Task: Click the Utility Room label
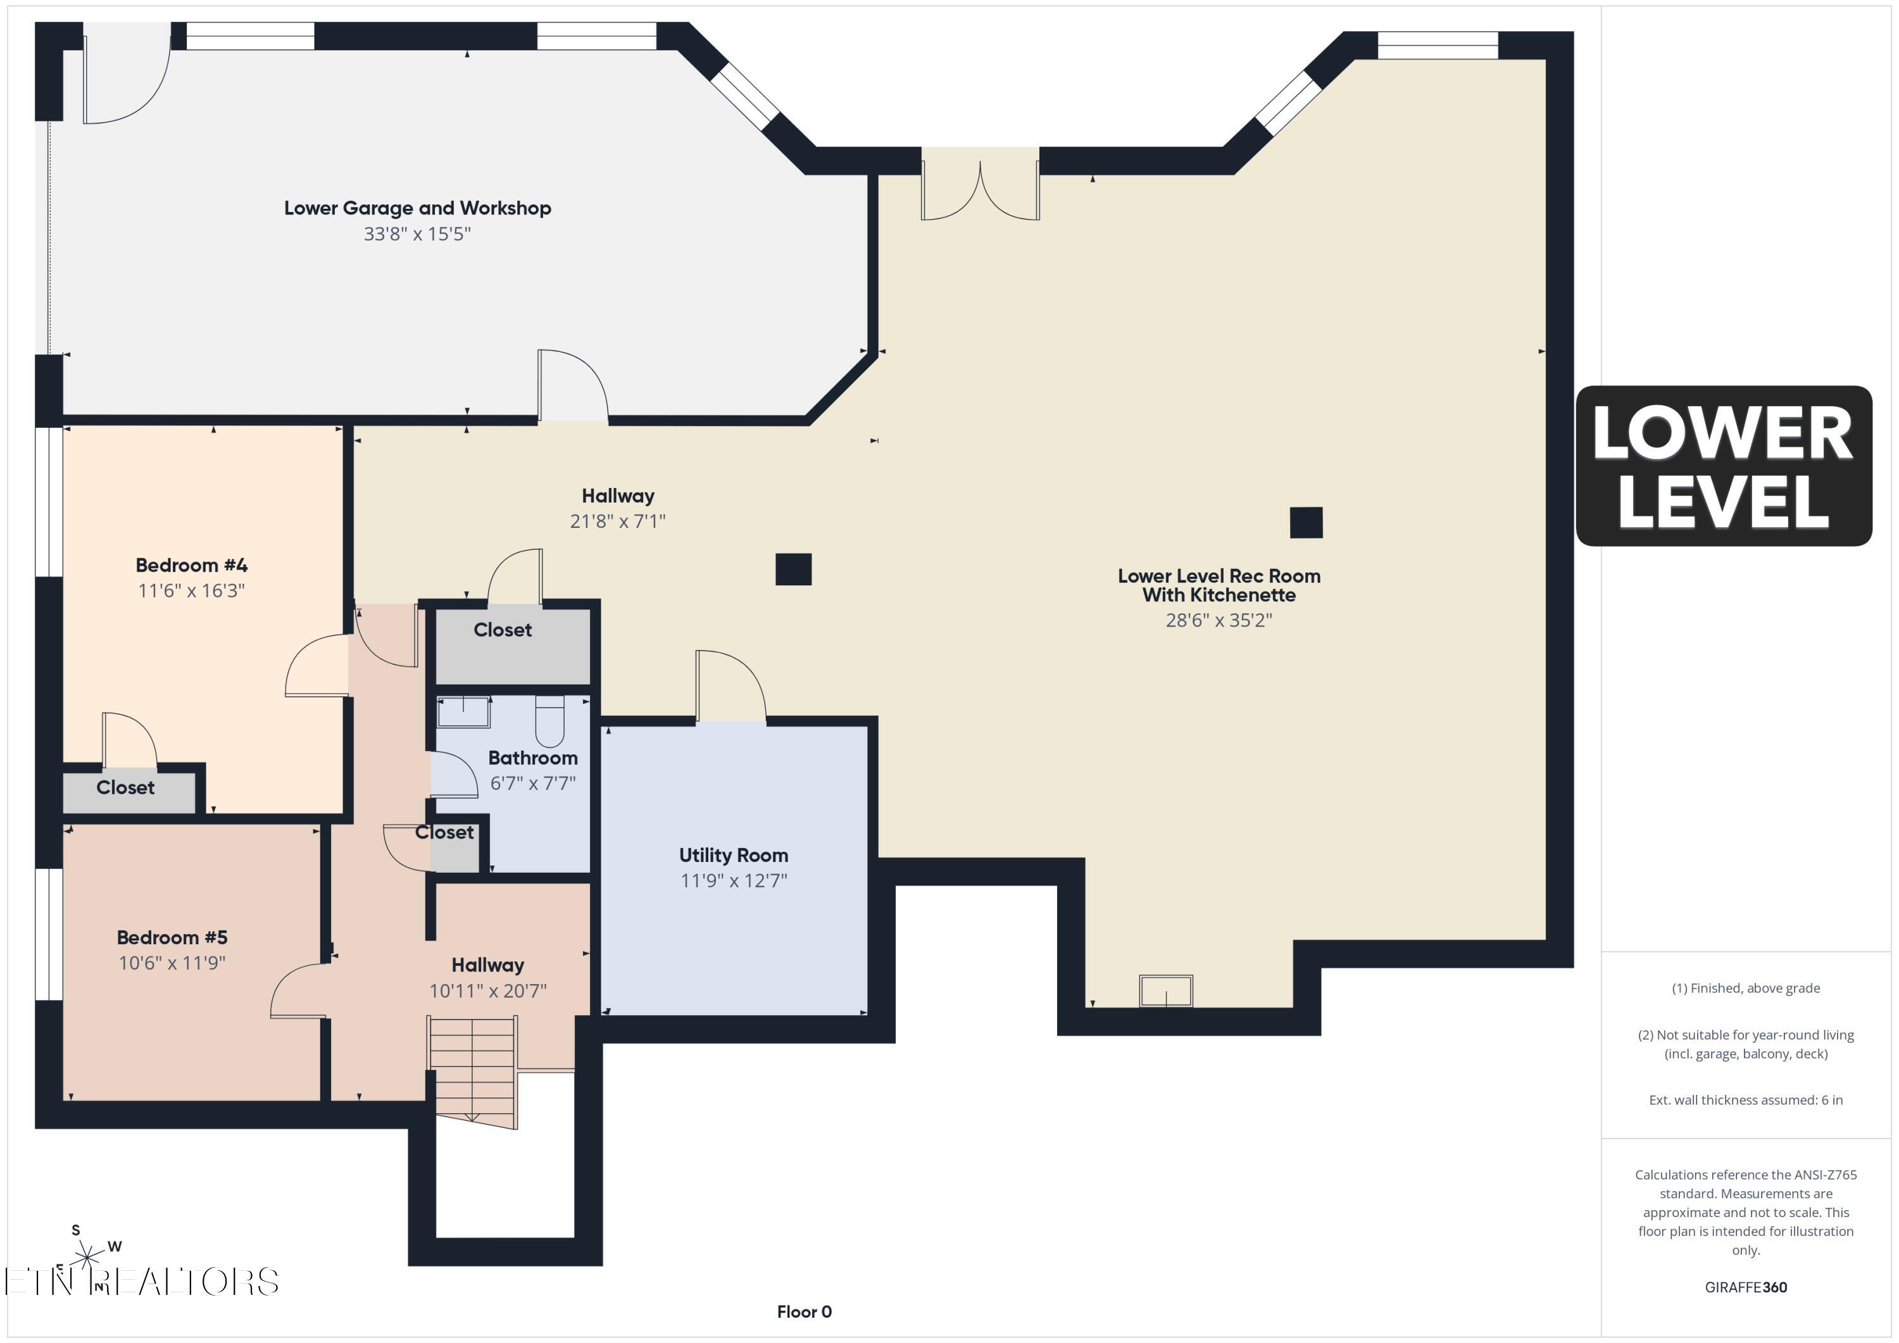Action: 734,855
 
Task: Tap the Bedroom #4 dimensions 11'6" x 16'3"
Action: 191,590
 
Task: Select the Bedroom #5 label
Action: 172,937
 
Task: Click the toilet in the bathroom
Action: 550,720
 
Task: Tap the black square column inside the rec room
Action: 1306,523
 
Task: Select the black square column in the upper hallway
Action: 793,569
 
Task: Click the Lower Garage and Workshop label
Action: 418,208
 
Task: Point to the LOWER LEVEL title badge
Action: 1724,466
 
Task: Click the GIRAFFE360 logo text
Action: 1746,1287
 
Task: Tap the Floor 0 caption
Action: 804,1311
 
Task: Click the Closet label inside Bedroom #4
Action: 126,787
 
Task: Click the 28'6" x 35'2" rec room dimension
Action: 1219,620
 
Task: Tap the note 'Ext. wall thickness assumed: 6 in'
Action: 1745,1100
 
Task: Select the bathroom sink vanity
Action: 463,712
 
